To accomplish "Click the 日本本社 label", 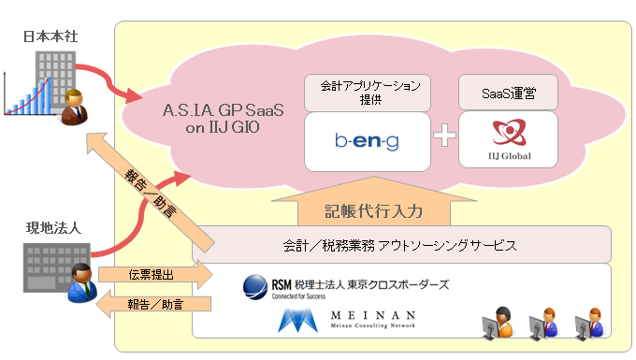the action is tap(51, 36).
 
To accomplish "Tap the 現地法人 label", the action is tap(53, 228).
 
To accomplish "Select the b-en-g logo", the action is tap(367, 141).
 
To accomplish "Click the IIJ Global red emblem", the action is tap(509, 132).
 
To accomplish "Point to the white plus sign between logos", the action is tap(444, 135).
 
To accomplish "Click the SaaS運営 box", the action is tap(508, 93).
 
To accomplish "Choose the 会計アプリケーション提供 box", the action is tap(368, 93).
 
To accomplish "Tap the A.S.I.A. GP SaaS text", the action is tap(224, 110).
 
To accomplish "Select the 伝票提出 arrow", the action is tap(156, 275).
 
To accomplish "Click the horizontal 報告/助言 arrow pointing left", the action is tap(153, 304).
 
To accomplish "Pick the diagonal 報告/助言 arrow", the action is tap(150, 192).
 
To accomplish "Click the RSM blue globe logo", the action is tap(255, 287).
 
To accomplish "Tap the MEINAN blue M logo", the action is tap(297, 321).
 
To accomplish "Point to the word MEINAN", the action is tap(373, 315).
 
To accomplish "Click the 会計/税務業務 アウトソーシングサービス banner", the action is tap(401, 244).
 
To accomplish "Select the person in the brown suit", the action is tap(74, 107).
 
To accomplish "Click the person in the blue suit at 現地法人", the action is tap(82, 283).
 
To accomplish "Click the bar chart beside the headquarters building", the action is tap(27, 94).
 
